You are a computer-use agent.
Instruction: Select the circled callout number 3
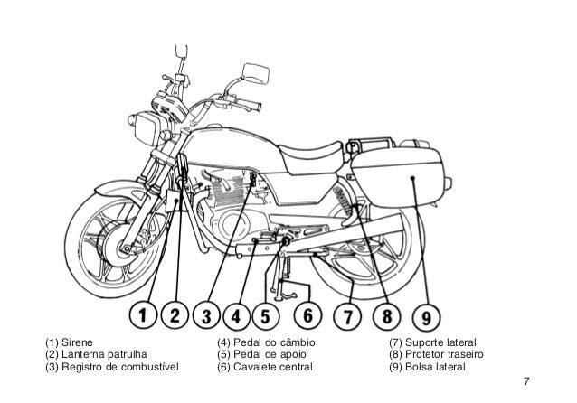[x=208, y=318]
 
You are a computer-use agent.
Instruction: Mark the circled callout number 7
[x=348, y=318]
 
